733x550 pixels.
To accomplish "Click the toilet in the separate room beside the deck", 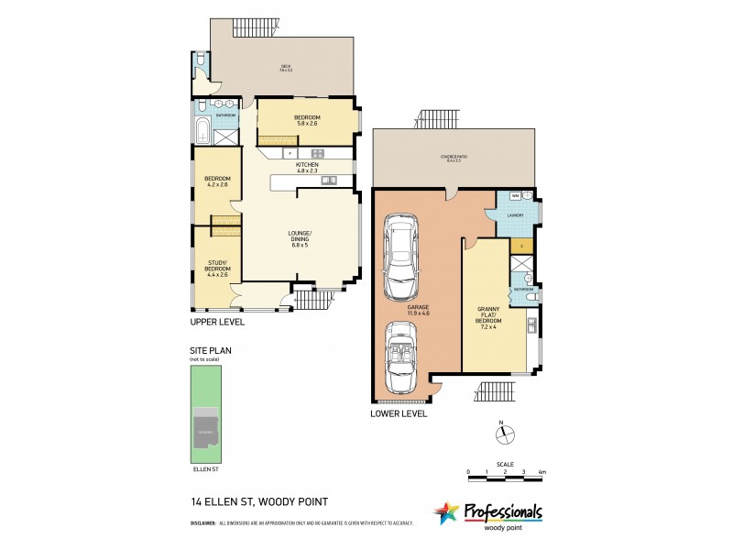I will click(201, 62).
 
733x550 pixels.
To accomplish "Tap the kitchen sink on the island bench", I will click(327, 180).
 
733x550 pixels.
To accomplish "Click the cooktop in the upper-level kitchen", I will click(318, 153).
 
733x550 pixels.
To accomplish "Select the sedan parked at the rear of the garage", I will click(399, 258).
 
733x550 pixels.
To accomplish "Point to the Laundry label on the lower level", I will click(515, 215).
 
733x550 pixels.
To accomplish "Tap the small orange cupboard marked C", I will click(520, 246).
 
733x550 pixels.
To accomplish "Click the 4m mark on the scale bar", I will click(542, 471).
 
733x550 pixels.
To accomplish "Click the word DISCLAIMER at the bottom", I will click(202, 523).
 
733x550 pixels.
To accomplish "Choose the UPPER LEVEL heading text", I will click(217, 323).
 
